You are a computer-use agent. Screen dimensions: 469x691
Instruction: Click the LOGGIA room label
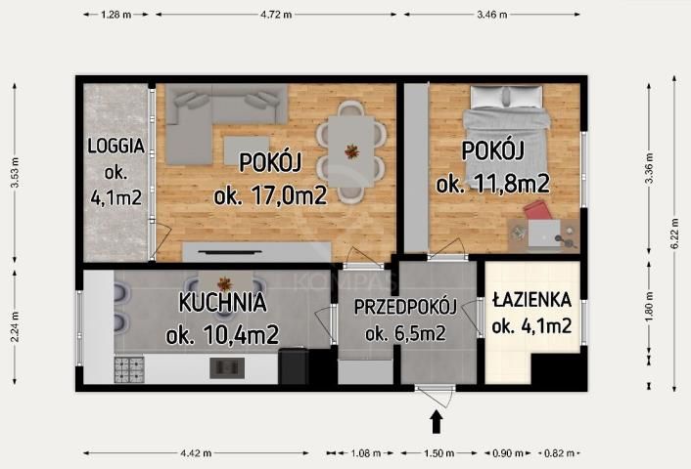point(115,147)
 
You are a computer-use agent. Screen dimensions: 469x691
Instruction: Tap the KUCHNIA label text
point(222,303)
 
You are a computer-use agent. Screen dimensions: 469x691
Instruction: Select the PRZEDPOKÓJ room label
point(405,307)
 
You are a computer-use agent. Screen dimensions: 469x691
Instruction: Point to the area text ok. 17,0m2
point(269,194)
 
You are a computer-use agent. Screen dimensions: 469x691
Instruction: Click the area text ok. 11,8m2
point(492,183)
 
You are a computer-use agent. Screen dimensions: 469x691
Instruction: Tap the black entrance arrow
point(437,421)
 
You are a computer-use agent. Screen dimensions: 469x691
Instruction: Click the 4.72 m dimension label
point(279,15)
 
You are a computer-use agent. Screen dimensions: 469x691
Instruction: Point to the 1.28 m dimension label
point(115,15)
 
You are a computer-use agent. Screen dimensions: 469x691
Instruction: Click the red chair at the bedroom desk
point(536,213)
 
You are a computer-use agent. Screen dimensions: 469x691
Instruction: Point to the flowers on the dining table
point(350,150)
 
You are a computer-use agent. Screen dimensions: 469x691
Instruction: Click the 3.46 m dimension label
point(499,15)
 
